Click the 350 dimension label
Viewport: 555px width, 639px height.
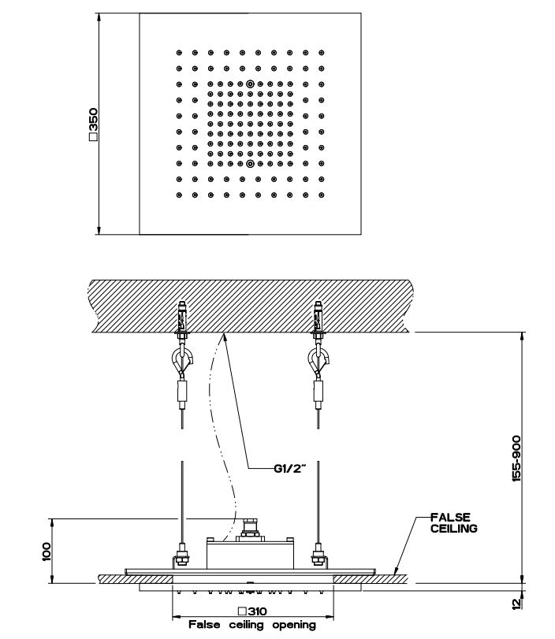(93, 124)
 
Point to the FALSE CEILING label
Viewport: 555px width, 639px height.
(453, 523)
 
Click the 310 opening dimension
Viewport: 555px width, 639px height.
(251, 611)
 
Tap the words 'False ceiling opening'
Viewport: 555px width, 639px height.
(251, 625)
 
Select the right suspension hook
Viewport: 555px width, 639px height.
(318, 362)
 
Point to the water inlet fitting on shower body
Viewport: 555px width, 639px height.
(251, 527)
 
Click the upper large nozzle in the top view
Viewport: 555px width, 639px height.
(250, 84)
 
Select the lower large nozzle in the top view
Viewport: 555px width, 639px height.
(250, 164)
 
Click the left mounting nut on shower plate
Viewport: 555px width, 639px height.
(182, 557)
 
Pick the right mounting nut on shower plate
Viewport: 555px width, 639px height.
(318, 557)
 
